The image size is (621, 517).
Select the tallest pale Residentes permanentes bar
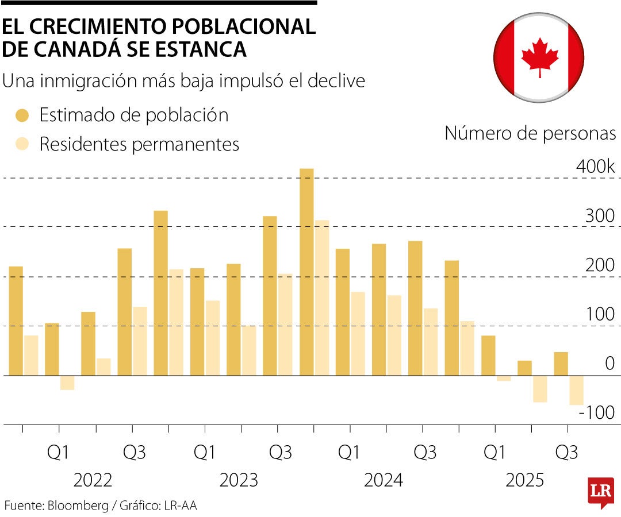point(321,298)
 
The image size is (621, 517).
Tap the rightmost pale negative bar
point(576,390)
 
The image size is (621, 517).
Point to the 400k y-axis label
point(596,167)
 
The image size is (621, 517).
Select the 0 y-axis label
point(609,364)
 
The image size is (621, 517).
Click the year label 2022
point(93,480)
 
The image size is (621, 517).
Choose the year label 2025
point(524,480)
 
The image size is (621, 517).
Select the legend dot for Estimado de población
point(22,115)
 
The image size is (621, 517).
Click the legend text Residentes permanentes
point(139,144)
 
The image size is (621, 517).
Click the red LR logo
point(600,492)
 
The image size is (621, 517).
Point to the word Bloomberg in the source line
point(78,506)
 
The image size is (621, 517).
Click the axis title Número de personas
point(530,133)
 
